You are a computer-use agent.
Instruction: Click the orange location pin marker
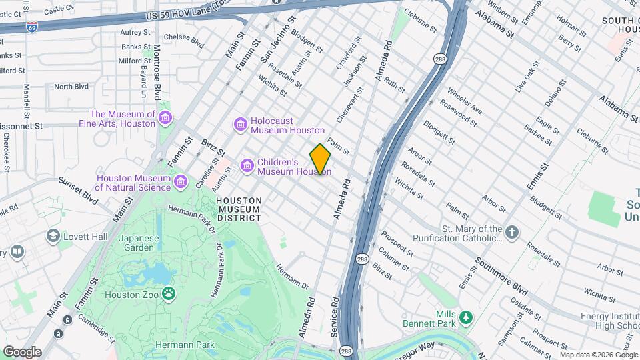pos(321,159)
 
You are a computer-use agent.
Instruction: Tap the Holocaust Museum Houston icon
pos(240,125)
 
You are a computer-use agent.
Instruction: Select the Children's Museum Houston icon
pos(247,164)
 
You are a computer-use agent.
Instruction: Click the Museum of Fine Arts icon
pos(165,119)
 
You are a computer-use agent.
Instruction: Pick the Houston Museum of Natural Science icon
pos(180,182)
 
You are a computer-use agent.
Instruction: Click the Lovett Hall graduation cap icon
pos(53,237)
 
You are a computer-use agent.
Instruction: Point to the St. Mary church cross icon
pos(511,233)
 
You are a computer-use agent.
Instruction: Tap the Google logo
pos(22,351)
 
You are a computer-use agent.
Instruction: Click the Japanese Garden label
pos(140,243)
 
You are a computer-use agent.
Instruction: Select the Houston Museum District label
pos(238,209)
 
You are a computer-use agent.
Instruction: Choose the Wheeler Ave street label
pos(465,100)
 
